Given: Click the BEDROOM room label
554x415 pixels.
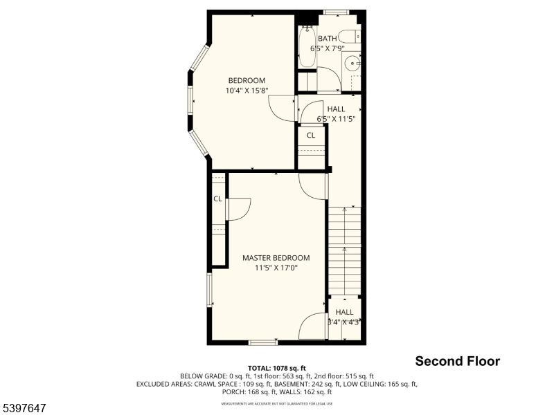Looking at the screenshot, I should (247, 80).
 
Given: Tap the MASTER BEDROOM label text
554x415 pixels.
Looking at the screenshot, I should (276, 258).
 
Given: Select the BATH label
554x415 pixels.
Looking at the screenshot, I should (328, 38).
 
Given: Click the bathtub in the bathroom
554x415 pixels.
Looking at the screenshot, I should (307, 46).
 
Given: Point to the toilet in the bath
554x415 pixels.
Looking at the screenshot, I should (350, 36).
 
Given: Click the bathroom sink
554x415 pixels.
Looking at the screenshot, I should (352, 64).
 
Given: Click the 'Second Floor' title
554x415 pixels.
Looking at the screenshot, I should (457, 361).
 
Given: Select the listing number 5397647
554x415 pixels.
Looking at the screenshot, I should (24, 409).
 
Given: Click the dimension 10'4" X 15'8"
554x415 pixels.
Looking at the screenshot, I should (247, 91).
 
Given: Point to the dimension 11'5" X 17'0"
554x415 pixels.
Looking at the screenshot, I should (276, 268).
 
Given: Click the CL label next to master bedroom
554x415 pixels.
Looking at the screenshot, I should (217, 199).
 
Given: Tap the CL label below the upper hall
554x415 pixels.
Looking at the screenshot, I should (311, 135).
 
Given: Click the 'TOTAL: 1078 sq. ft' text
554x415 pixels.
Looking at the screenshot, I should (277, 368).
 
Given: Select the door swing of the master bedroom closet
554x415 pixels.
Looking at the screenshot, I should (238, 209).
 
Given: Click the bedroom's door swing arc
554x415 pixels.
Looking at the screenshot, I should (283, 108).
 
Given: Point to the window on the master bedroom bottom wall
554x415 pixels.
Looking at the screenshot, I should (263, 342).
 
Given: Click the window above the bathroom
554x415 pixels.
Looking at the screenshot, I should (336, 12).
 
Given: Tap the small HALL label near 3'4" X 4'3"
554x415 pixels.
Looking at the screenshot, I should (344, 313).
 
